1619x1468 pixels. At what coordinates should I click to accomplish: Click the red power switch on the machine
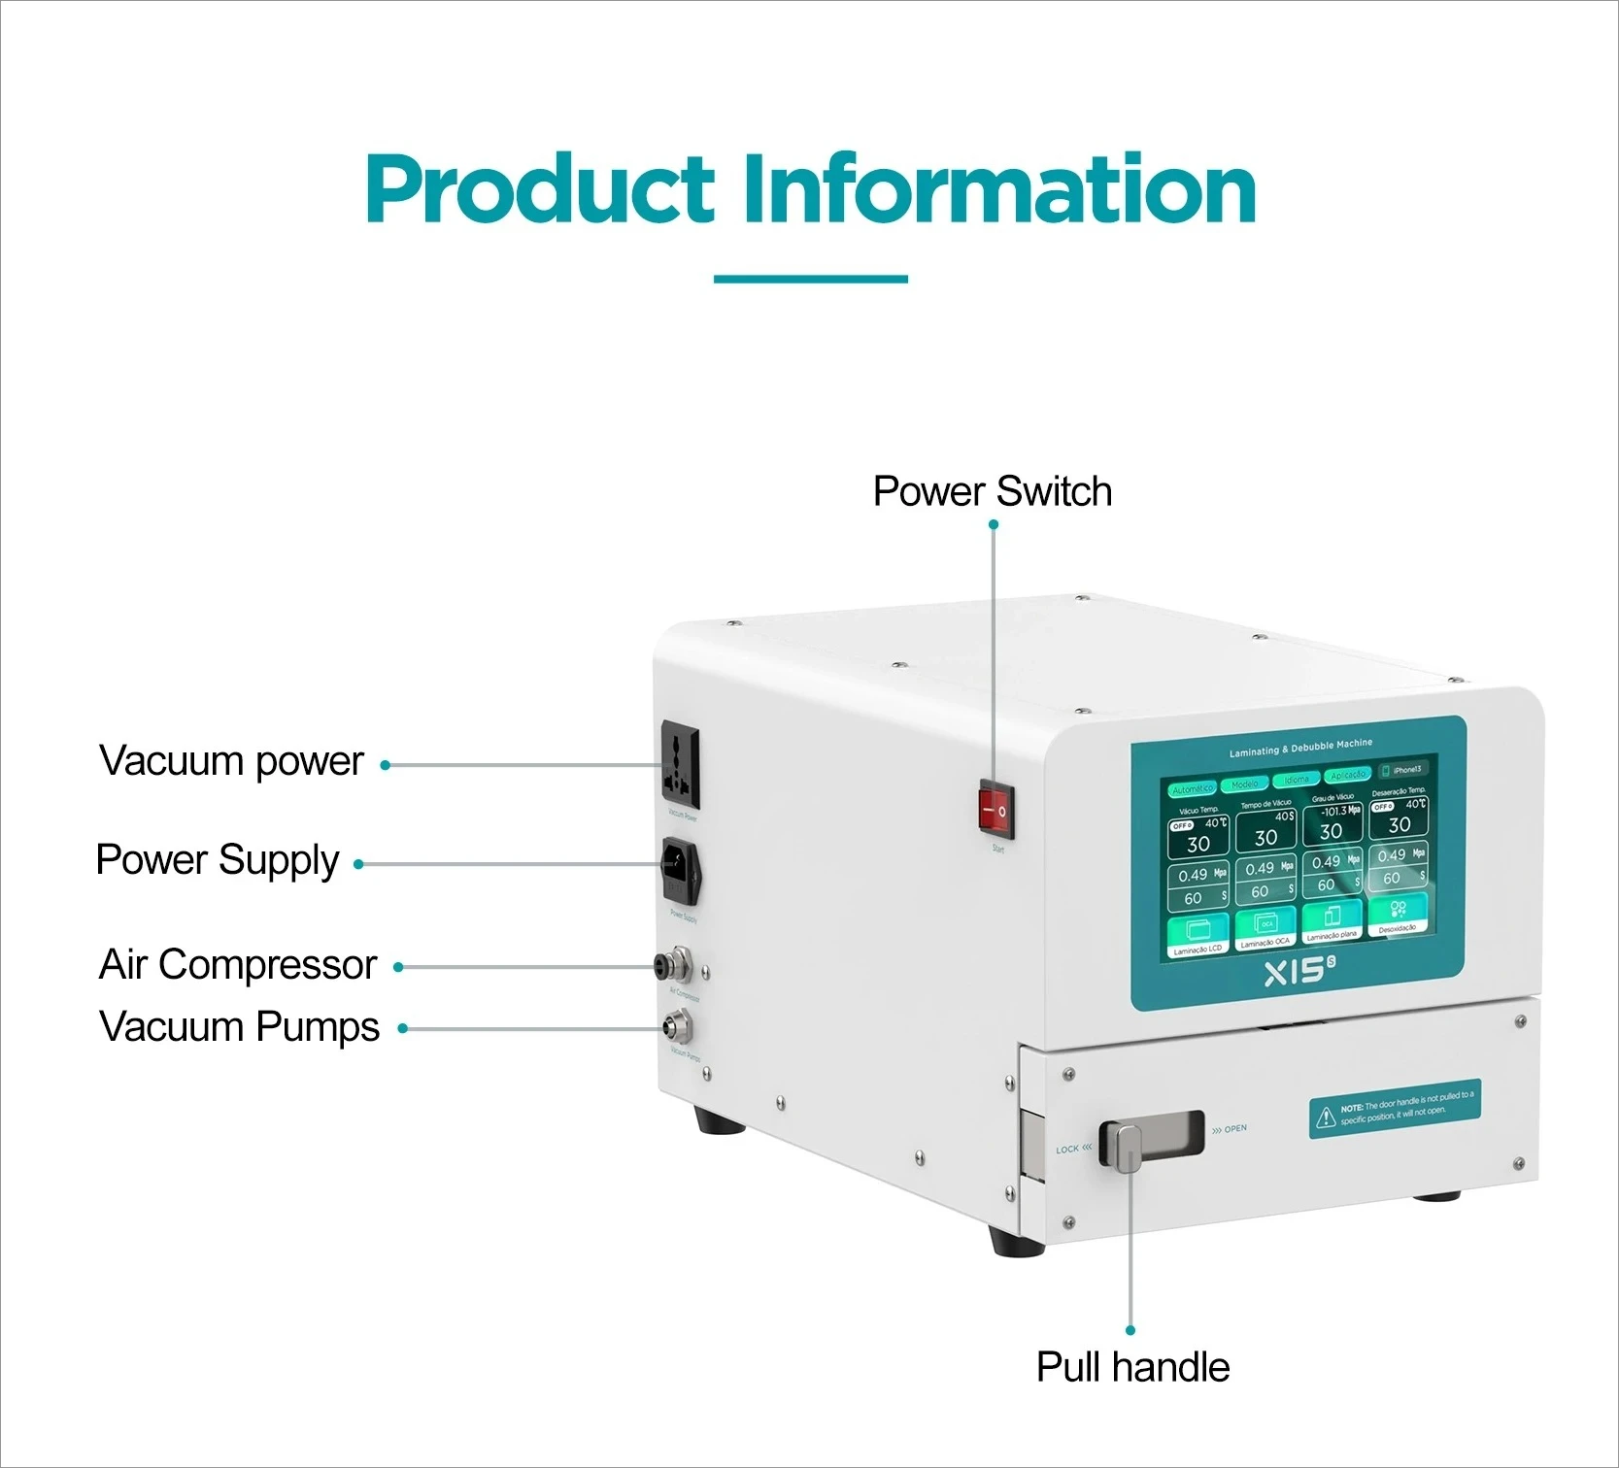point(995,809)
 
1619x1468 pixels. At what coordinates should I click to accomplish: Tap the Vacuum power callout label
point(231,761)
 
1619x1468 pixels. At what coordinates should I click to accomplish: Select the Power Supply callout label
point(218,860)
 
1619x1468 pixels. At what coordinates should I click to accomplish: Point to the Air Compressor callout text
point(238,965)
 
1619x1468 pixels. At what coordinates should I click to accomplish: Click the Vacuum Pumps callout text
point(239,1027)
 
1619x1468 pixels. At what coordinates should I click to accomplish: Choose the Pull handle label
point(1132,1367)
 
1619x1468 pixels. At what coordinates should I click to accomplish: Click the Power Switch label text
point(992,491)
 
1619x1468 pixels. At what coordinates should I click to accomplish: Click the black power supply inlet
point(681,870)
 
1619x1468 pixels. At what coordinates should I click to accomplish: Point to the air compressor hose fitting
point(674,965)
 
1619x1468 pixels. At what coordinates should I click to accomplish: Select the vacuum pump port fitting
point(674,1024)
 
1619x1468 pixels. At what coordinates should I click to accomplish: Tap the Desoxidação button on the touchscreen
point(1398,916)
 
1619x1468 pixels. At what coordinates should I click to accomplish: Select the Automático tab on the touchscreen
point(1192,788)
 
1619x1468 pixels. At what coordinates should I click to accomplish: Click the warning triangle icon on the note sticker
point(1326,1118)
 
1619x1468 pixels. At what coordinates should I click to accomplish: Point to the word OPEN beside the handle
point(1234,1129)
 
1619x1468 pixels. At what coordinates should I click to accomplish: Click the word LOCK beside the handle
point(1067,1150)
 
